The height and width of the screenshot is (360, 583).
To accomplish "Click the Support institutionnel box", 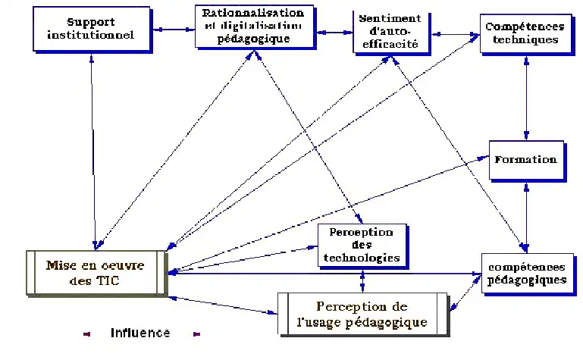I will [x=92, y=29].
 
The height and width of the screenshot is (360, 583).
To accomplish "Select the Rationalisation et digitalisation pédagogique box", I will [x=253, y=27].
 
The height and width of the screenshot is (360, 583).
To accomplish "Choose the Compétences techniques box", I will [x=520, y=33].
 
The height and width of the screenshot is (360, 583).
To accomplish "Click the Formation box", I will [x=525, y=160].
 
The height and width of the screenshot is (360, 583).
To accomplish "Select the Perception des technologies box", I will [x=361, y=245].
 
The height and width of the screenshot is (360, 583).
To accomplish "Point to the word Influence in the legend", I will [x=140, y=333].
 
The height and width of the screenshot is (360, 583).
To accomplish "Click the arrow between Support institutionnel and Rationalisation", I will [x=174, y=30].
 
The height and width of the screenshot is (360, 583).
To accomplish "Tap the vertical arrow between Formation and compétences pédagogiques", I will [x=525, y=215].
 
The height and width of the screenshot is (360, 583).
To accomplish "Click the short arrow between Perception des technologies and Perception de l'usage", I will [x=362, y=280].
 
